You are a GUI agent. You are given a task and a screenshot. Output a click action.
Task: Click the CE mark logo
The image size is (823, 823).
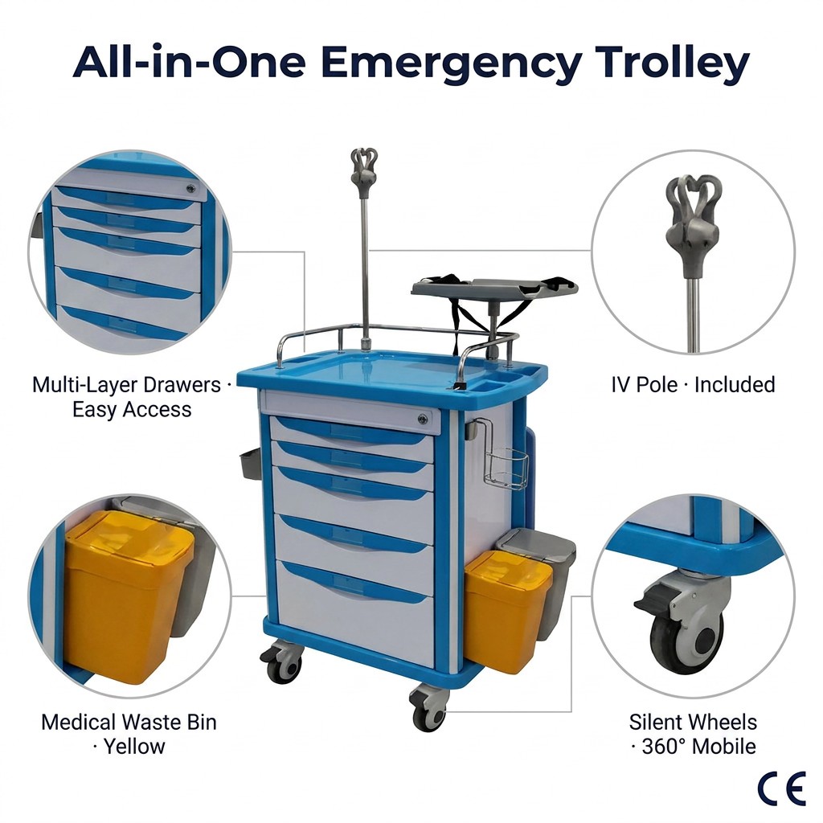(781, 789)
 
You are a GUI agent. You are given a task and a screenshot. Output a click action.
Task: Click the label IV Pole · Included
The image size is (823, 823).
(693, 385)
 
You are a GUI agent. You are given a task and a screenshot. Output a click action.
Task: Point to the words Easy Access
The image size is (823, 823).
(132, 409)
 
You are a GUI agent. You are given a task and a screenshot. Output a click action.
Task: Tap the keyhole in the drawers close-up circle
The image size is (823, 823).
(191, 188)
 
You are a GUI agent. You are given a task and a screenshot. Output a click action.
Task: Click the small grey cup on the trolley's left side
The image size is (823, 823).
(249, 463)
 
